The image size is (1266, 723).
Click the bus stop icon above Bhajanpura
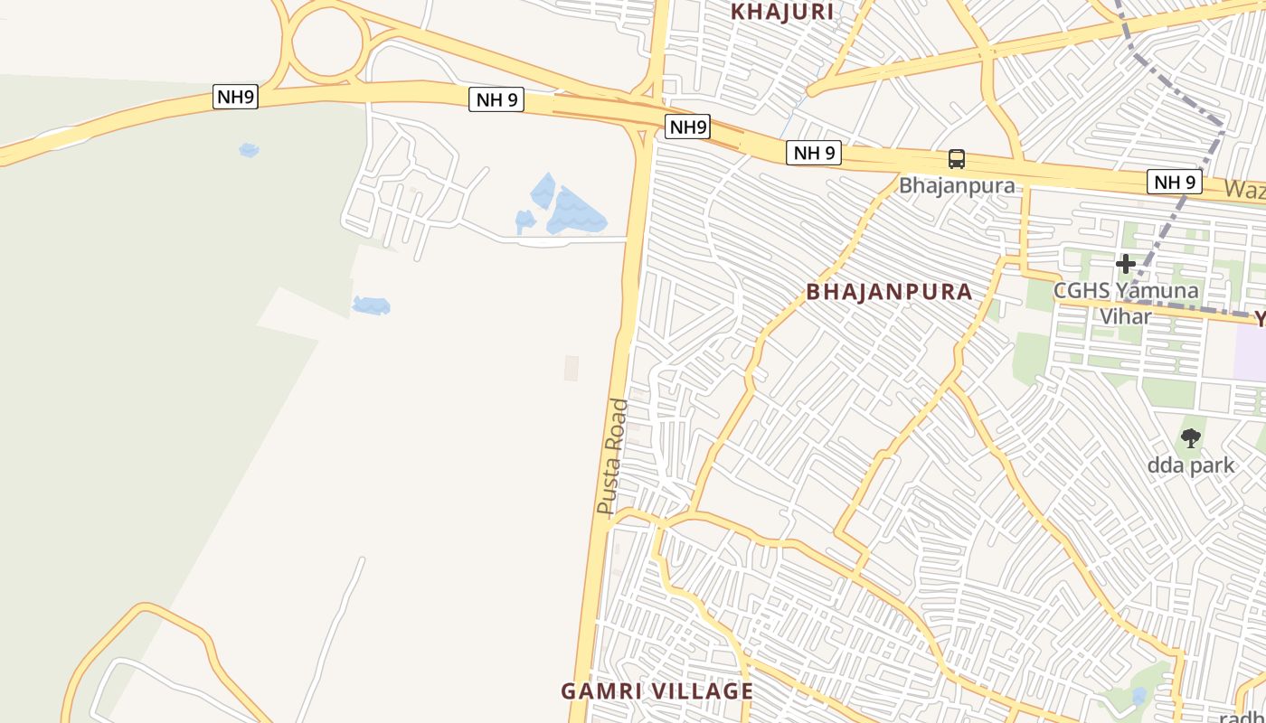[x=956, y=160]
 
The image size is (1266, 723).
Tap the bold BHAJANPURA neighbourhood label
[x=889, y=292]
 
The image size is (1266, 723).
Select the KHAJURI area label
[x=781, y=12]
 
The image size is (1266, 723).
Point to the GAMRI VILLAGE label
[x=657, y=691]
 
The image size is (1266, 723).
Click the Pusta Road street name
[x=612, y=457]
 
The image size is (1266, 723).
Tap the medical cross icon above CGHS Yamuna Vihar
[x=1126, y=264]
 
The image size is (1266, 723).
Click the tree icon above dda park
[x=1191, y=439]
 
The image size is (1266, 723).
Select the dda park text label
[x=1191, y=466]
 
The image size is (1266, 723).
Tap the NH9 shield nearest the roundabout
[x=235, y=97]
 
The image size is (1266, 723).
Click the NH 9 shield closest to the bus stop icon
[x=814, y=153]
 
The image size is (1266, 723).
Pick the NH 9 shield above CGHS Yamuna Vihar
[x=1176, y=182]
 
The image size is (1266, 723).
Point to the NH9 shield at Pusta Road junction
[x=687, y=127]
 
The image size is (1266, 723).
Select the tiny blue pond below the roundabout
[x=249, y=149]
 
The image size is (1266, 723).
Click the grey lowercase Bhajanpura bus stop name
[x=957, y=186]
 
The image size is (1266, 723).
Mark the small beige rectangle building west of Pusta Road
[x=571, y=368]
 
